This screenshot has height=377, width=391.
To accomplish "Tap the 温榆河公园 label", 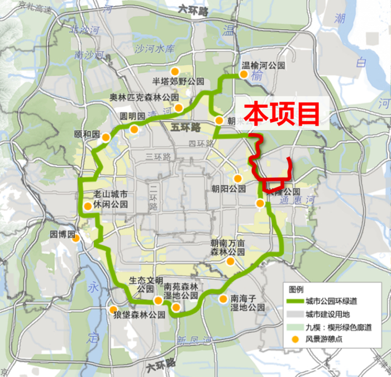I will pos(263,65).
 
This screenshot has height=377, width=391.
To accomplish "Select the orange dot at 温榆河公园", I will pos(244,74).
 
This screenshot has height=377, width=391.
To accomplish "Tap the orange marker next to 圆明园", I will pos(134,129).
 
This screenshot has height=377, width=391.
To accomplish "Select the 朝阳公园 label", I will pos(228,189).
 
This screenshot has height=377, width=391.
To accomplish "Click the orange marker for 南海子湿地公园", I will pos(223,299).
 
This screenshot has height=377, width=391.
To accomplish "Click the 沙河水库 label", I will pos(155,48).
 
